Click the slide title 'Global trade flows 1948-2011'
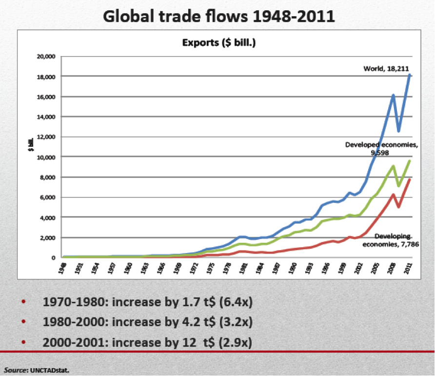[x=219, y=16]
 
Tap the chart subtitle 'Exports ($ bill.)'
[x=219, y=43]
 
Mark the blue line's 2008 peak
[x=393, y=95]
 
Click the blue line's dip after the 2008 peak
[x=399, y=131]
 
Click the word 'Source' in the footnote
[x=15, y=369]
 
